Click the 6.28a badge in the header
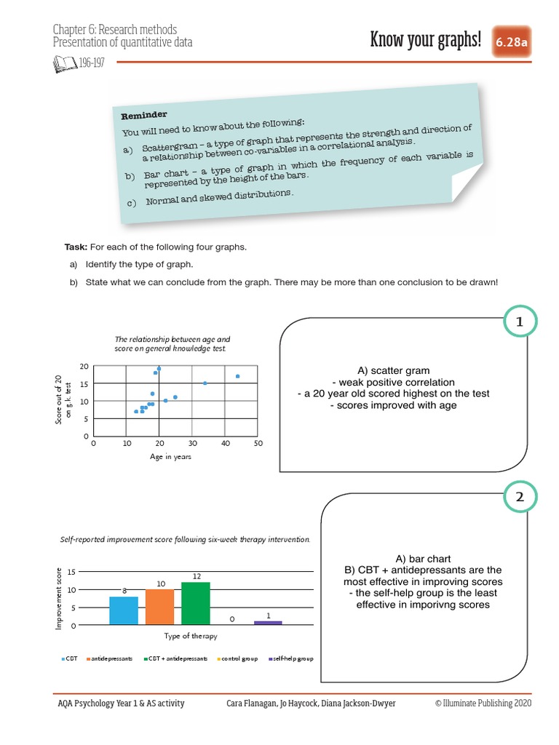(512, 43)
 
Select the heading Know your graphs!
(426, 40)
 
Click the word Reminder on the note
(144, 115)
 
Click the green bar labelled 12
(197, 603)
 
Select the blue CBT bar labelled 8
(124, 610)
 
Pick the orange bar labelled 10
(160, 607)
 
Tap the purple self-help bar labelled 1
(269, 623)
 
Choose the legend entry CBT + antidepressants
(178, 658)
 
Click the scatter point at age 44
(238, 376)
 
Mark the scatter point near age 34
(205, 383)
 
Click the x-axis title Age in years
(171, 456)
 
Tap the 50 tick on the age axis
(258, 443)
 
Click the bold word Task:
(76, 247)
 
